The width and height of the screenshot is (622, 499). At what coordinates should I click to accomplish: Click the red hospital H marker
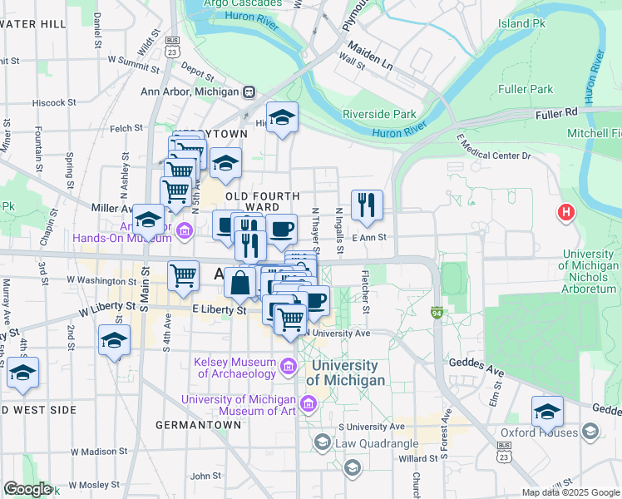(x=566, y=213)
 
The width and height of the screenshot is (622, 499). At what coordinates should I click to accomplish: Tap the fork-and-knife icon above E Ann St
(x=367, y=204)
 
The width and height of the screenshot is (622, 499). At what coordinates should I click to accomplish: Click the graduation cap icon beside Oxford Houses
(x=547, y=411)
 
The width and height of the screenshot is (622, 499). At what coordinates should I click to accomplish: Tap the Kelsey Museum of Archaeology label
(x=234, y=368)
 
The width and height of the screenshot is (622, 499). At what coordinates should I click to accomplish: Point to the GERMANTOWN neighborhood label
(x=198, y=424)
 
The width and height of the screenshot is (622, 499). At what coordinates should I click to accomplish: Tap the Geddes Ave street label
(x=495, y=363)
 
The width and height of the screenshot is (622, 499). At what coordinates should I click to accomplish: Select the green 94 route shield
(x=436, y=314)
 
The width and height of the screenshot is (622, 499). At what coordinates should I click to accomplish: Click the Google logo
(x=27, y=489)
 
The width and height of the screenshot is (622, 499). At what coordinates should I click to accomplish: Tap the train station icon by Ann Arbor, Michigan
(x=249, y=91)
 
